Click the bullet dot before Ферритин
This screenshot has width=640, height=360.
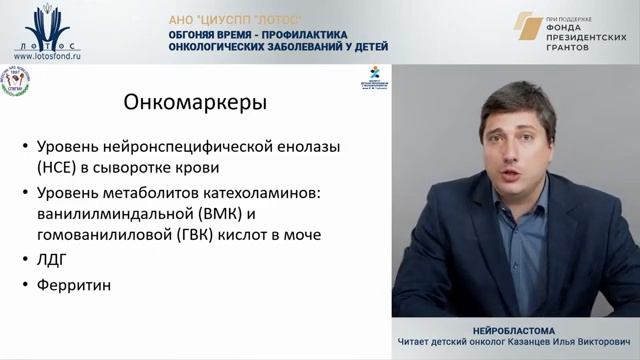[x=26, y=285]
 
